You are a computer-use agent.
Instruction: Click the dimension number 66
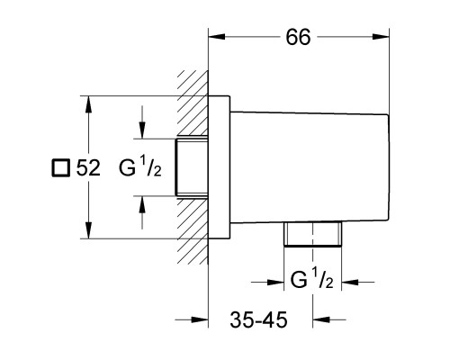pyautogui.click(x=300, y=38)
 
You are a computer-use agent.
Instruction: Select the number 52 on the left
pyautogui.click(x=87, y=167)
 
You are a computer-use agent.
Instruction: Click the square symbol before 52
pyautogui.click(x=59, y=167)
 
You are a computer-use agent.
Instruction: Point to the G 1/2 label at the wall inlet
pyautogui.click(x=139, y=167)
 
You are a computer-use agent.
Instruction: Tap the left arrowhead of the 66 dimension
pyautogui.click(x=215, y=38)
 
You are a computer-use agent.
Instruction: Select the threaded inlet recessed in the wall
pyautogui.click(x=192, y=167)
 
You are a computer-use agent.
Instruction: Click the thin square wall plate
pyautogui.click(x=220, y=167)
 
